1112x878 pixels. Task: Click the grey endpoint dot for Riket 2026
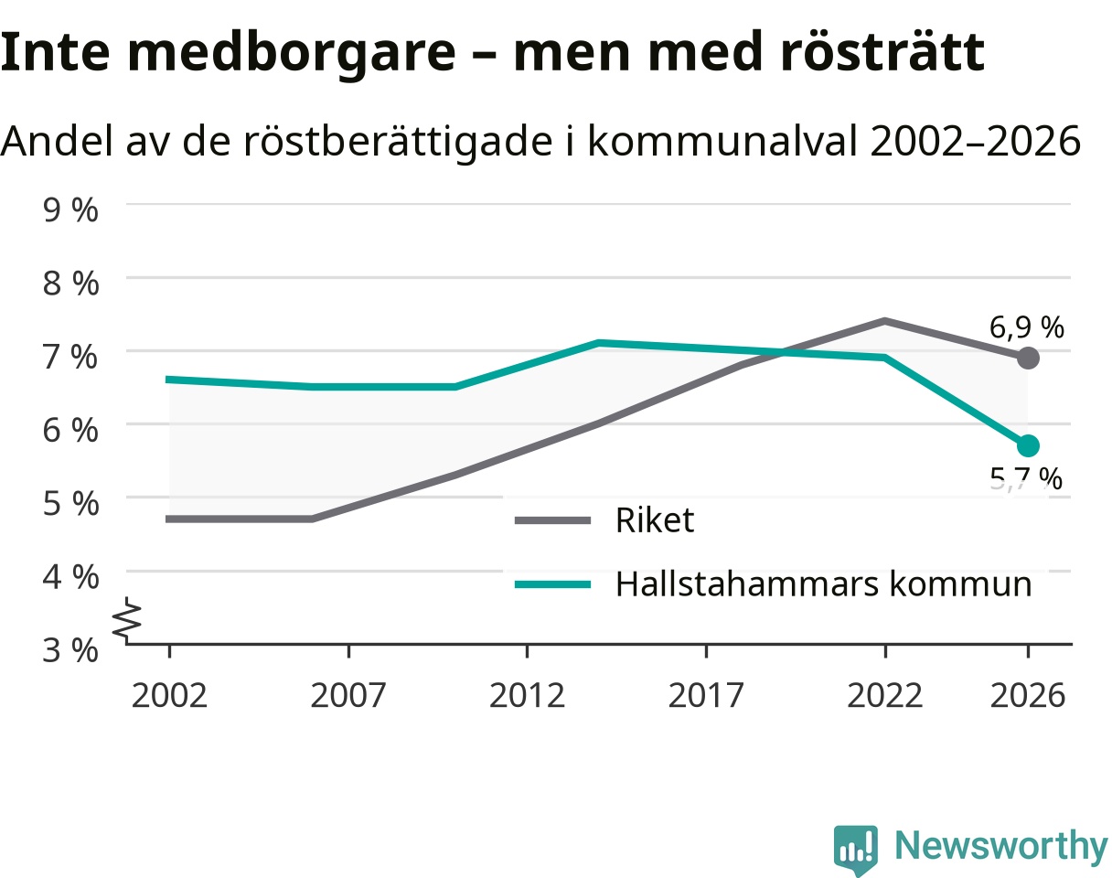[1028, 358]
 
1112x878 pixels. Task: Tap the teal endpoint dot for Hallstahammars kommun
[1028, 445]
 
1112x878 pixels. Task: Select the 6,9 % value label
[1026, 327]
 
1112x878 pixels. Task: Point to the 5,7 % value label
[1026, 478]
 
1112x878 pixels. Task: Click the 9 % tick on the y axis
[70, 209]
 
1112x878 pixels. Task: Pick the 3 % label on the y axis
[70, 650]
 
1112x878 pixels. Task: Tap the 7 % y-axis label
[70, 357]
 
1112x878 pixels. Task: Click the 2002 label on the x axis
[169, 696]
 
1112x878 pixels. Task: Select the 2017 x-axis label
[706, 696]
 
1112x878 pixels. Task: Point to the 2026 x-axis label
[1028, 696]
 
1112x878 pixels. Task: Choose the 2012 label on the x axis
[527, 696]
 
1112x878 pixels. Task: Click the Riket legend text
[655, 519]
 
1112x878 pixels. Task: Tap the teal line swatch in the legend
[552, 584]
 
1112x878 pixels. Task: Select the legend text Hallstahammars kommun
[824, 584]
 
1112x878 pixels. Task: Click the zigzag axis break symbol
[127, 620]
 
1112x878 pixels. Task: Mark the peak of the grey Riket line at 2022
[884, 321]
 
